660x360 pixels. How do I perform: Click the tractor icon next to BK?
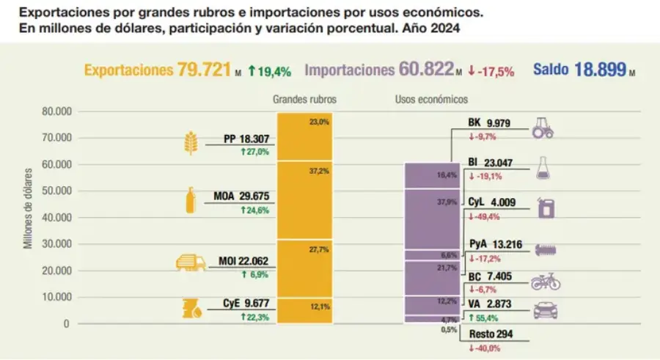(x=542, y=128)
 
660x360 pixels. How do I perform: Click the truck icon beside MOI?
(x=190, y=263)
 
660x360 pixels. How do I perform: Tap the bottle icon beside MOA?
(x=191, y=200)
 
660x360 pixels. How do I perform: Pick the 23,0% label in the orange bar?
(x=319, y=122)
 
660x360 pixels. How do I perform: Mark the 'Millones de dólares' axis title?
(x=29, y=208)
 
